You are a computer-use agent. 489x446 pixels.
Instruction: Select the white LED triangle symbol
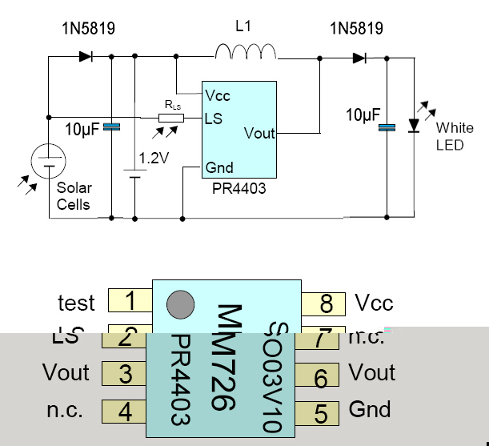(x=415, y=125)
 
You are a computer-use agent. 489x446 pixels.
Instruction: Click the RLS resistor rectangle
(x=170, y=119)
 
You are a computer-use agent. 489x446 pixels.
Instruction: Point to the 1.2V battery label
(x=154, y=159)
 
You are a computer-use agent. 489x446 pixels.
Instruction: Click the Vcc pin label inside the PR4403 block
(x=218, y=96)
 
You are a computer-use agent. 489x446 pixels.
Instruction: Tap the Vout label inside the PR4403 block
(x=259, y=133)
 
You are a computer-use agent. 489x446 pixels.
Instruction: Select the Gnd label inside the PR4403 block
(x=219, y=168)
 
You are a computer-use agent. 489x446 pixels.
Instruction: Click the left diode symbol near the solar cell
(x=86, y=57)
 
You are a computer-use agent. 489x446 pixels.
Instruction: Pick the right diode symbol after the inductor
(x=359, y=57)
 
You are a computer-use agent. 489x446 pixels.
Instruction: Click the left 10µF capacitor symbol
(x=112, y=127)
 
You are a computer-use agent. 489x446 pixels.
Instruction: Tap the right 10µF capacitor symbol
(x=387, y=127)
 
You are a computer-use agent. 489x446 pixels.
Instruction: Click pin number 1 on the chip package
(x=130, y=302)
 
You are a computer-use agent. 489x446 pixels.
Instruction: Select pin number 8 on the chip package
(x=326, y=303)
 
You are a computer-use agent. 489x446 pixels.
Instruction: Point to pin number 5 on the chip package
(x=321, y=412)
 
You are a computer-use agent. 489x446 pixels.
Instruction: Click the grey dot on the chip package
(x=179, y=304)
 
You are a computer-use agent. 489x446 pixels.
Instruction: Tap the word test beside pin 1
(x=76, y=303)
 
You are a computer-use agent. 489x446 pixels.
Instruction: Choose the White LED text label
(x=455, y=136)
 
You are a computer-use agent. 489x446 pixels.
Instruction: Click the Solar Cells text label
(x=74, y=196)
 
